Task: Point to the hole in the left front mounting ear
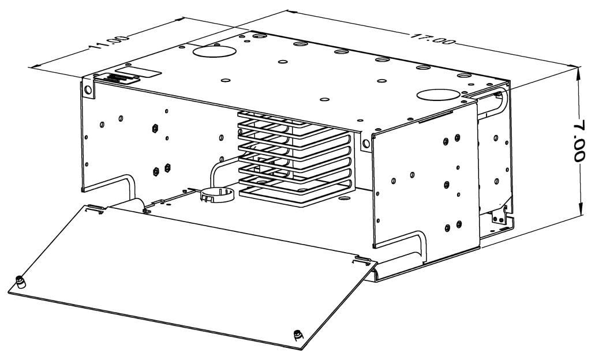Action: [88, 91]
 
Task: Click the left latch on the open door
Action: [22, 282]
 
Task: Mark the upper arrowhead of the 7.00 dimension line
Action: [579, 72]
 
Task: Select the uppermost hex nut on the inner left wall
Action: [155, 126]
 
